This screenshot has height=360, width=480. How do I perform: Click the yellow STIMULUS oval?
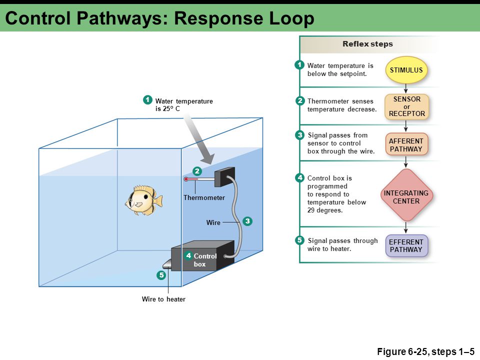coord(406,70)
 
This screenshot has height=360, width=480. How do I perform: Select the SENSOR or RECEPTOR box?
coord(406,106)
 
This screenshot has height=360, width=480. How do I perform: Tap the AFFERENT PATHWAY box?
coord(406,145)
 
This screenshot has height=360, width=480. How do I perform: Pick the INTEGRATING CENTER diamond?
coord(406,195)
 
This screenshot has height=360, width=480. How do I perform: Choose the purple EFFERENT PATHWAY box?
coord(406,245)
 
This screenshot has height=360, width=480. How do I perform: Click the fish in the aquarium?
coord(144,200)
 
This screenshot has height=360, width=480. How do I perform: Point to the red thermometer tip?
coord(186,179)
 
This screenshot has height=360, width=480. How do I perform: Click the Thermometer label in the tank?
coord(204,198)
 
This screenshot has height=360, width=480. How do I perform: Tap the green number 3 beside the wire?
coord(247,221)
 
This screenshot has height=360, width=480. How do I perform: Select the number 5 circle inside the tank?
coord(161,275)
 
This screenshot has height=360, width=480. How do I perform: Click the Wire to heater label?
coord(163,299)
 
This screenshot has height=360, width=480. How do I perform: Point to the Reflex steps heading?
coord(367,44)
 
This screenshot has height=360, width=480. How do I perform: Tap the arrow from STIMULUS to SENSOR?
coord(406,88)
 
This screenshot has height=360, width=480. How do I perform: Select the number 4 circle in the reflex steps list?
coord(299,178)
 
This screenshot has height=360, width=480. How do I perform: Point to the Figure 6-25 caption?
coord(425,351)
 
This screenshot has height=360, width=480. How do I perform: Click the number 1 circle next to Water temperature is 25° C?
coord(148,100)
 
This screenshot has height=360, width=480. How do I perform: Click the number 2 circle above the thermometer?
coord(197,171)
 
